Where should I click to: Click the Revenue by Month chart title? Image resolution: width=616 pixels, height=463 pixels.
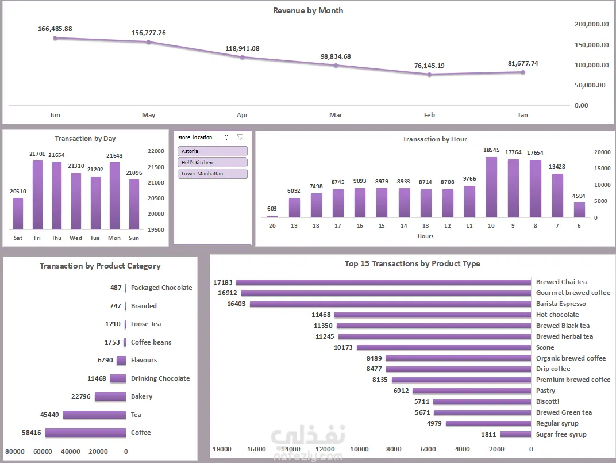click(308, 10)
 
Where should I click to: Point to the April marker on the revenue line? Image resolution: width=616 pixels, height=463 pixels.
click(242, 57)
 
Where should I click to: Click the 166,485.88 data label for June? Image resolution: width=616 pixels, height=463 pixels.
click(55, 29)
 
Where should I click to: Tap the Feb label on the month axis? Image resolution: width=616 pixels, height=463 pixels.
click(429, 115)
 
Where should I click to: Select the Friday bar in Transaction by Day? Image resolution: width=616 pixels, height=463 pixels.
click(37, 194)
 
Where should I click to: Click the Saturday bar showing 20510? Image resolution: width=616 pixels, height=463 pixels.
click(18, 213)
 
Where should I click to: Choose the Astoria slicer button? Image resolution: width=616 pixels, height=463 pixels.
click(213, 151)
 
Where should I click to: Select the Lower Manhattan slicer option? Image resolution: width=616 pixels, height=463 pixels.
click(213, 174)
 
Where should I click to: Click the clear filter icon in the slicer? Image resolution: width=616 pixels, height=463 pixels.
click(240, 137)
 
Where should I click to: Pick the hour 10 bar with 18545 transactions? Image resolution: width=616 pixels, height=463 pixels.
click(491, 187)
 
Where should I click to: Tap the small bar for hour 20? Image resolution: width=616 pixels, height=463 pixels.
click(272, 216)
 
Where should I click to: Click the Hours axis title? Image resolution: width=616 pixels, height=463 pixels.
click(426, 236)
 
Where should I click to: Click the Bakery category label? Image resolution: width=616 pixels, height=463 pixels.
click(142, 396)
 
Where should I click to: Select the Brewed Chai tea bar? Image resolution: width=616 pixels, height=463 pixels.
click(383, 282)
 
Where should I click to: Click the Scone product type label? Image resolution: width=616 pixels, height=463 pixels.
click(545, 347)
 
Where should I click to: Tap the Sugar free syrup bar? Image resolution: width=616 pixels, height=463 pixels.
click(515, 434)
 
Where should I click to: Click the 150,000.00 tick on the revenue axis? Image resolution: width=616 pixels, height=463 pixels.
click(591, 44)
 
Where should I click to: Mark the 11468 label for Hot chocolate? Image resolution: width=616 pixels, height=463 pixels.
click(321, 315)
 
